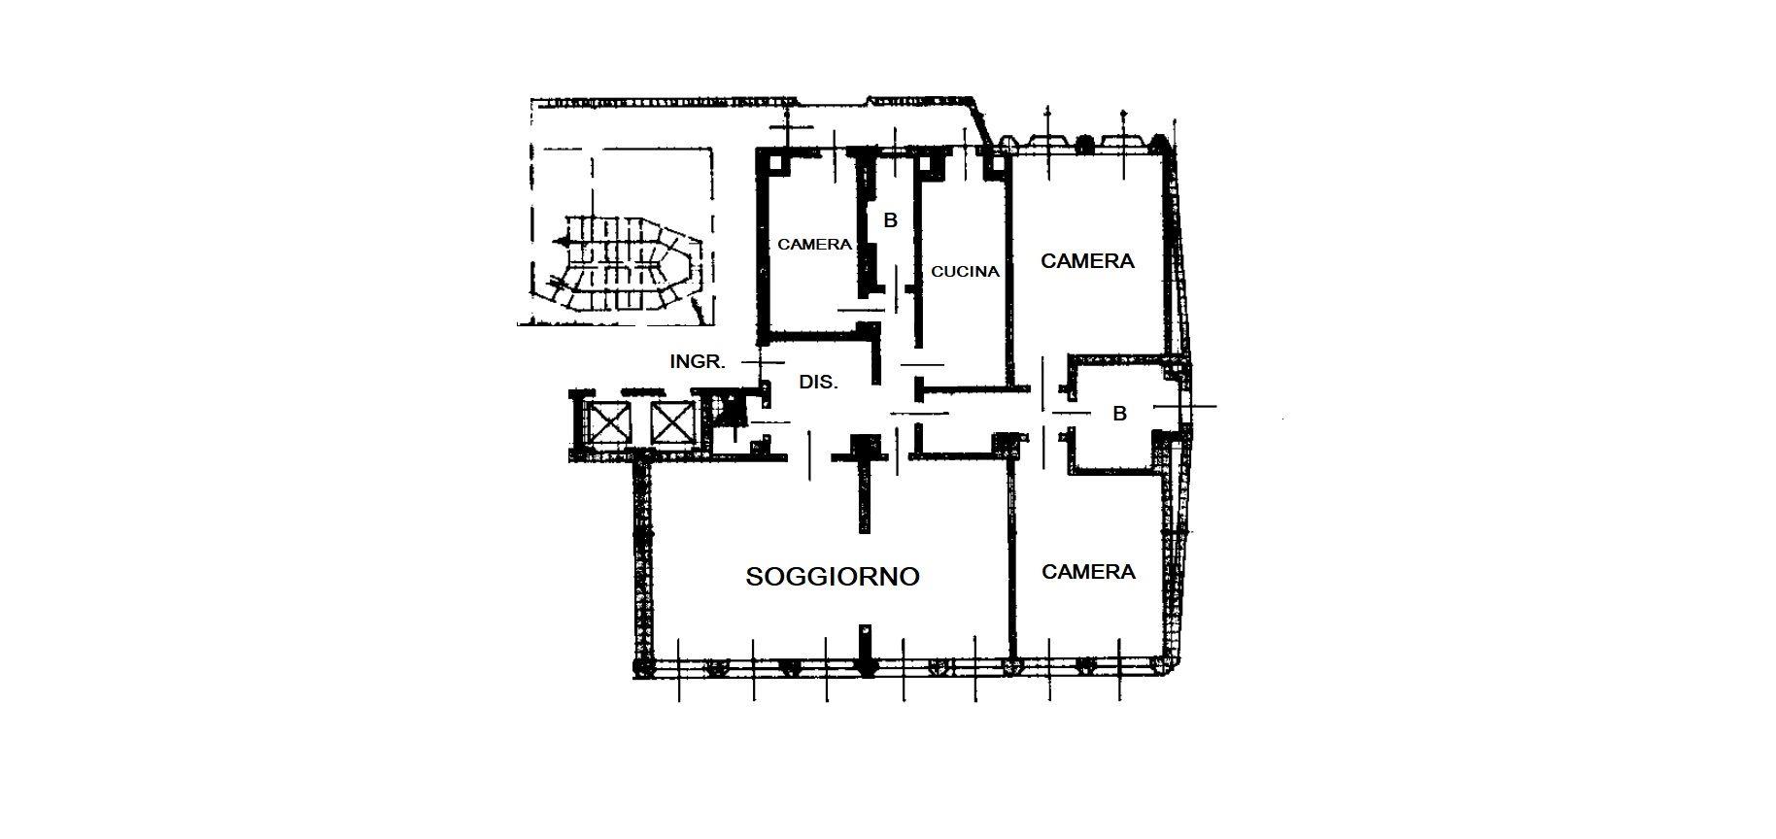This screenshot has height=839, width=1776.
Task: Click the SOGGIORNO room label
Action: pos(833,576)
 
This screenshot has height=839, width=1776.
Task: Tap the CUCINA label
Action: pos(965,272)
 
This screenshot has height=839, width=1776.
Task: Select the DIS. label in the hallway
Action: pos(818,383)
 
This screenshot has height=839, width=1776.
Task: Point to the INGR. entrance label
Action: pos(698,362)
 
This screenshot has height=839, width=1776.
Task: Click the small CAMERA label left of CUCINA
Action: pos(814,245)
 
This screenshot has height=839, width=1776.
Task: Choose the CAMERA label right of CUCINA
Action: pos(1087,261)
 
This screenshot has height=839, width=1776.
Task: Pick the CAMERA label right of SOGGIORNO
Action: pos(1088,572)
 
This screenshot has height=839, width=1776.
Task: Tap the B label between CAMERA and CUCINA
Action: pos(890,220)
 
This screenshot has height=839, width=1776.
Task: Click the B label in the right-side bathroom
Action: pos(1119,414)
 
